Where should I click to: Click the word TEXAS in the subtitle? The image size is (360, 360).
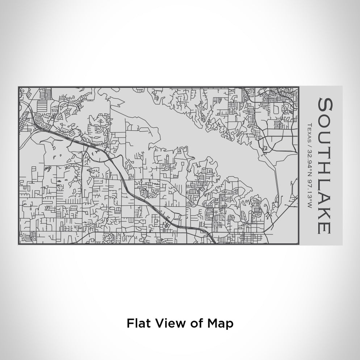pos(309,132)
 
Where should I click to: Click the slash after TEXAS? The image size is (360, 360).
pos(309,144)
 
